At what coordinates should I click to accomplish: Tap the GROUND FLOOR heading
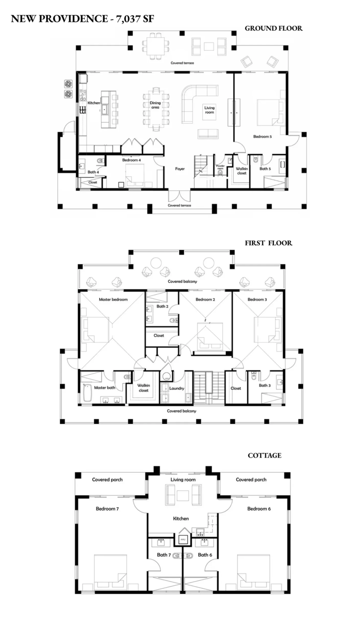(x=273, y=28)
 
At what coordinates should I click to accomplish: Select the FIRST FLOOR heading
(x=268, y=243)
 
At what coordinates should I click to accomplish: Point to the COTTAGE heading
(x=265, y=455)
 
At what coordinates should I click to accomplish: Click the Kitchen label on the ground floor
(x=94, y=103)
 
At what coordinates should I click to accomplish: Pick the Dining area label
(x=155, y=105)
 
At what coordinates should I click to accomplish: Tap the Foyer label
(x=180, y=169)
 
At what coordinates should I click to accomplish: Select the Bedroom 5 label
(x=262, y=137)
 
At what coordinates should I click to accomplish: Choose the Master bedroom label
(x=113, y=299)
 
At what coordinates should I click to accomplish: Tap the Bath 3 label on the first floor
(x=264, y=386)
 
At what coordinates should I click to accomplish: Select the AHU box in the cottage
(x=183, y=538)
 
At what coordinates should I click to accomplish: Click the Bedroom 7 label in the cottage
(x=107, y=509)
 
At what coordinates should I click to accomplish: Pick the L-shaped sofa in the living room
(x=193, y=101)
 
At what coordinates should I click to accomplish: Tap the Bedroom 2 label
(x=205, y=299)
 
